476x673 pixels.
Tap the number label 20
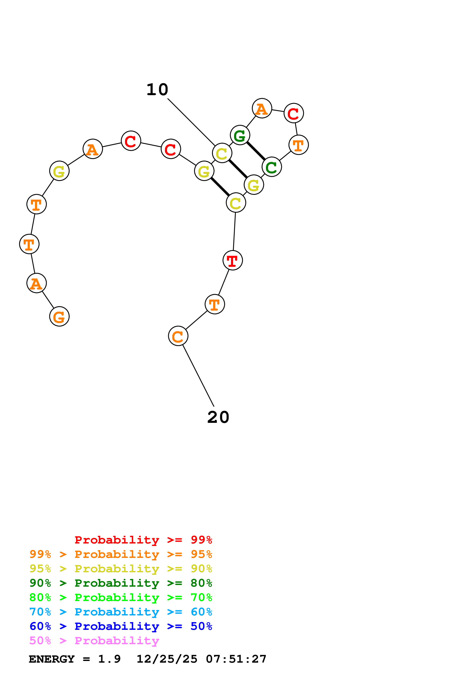218,417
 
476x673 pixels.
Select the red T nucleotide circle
233,260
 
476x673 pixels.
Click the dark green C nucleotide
272,167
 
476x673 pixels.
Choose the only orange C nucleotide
178,336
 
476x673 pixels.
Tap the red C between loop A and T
294,113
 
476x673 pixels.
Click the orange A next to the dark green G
262,108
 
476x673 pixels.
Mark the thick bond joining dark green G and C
256,151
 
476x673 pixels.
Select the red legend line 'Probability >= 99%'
143,540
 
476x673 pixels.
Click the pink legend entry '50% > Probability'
94,641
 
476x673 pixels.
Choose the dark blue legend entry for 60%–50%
121,626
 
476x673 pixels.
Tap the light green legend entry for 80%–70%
121,597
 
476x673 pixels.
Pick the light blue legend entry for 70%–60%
121,612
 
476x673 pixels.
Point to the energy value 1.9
109,659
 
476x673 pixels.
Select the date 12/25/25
167,659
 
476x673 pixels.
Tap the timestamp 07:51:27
236,659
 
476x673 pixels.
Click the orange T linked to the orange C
215,304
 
